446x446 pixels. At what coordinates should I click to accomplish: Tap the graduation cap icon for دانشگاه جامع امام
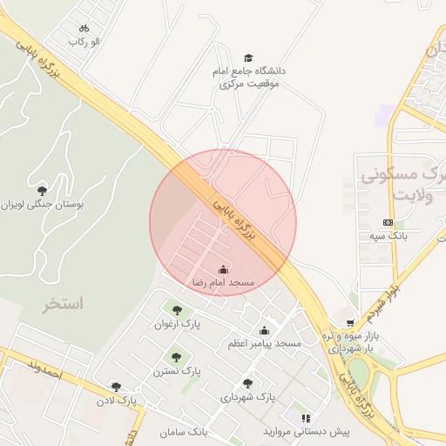coord(249,57)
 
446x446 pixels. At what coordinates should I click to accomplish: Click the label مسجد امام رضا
coord(223,283)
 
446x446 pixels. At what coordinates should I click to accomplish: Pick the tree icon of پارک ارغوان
coord(177,309)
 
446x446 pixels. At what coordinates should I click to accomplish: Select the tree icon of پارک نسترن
coord(177,356)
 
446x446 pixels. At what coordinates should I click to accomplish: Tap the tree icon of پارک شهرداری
coord(247,383)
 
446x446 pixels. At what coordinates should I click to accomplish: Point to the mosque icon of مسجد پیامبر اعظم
coord(264,330)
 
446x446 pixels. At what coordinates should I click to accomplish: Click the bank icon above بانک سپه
coord(388,222)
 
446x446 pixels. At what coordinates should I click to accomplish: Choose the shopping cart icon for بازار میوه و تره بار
coord(351,322)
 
